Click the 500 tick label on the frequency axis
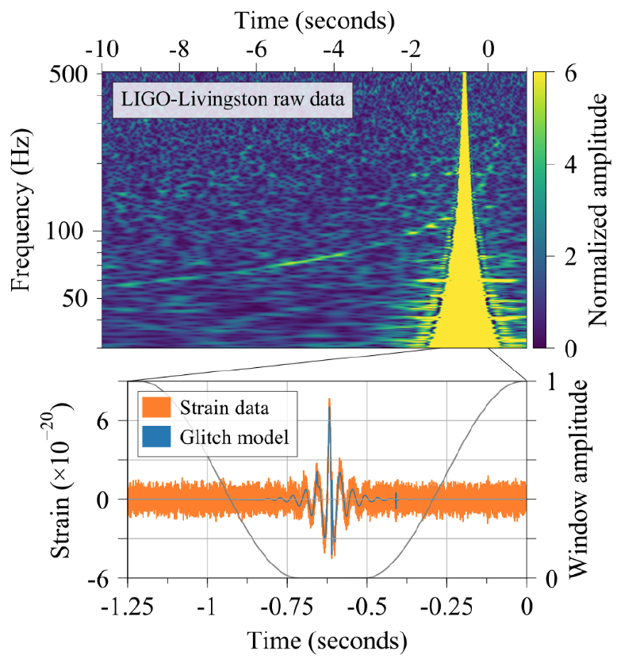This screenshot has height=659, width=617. point(68,75)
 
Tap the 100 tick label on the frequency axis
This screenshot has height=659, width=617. point(64,231)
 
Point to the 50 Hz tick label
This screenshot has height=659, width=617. point(75,298)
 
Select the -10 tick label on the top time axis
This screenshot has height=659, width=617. point(102,50)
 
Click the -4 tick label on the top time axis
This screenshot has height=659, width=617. point(334,50)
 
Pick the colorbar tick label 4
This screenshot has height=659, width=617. point(570,165)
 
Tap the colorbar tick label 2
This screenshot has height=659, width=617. point(570,256)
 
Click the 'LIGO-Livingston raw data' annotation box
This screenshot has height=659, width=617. point(232,100)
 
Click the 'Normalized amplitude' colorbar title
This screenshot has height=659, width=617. point(597,209)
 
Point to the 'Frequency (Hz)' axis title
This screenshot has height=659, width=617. point(21,209)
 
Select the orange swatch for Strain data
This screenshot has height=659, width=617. point(156,408)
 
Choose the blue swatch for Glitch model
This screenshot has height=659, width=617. point(156,437)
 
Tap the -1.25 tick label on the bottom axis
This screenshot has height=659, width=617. point(128,607)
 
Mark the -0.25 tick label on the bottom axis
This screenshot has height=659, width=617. point(446,607)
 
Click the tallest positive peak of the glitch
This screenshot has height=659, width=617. point(329,399)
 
